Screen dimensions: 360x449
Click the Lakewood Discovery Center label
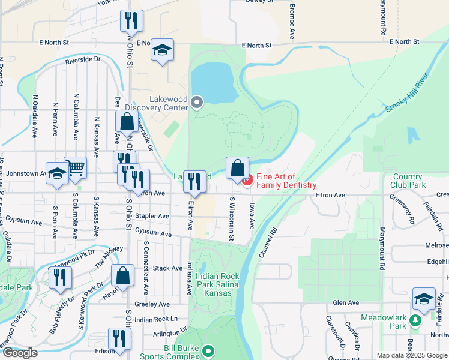(x=169, y=103)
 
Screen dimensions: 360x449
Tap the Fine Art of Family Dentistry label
(x=285, y=181)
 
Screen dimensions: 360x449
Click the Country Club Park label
(x=409, y=181)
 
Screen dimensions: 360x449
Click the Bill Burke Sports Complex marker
(x=208, y=350)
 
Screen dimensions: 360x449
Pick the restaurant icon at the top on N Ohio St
(x=131, y=20)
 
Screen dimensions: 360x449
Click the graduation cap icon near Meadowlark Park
(x=424, y=298)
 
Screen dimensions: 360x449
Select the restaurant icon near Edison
(x=119, y=338)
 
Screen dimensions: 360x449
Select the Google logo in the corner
(x=20, y=353)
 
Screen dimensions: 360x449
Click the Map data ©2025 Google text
(x=412, y=355)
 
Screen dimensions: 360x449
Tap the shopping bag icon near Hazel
(x=122, y=275)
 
